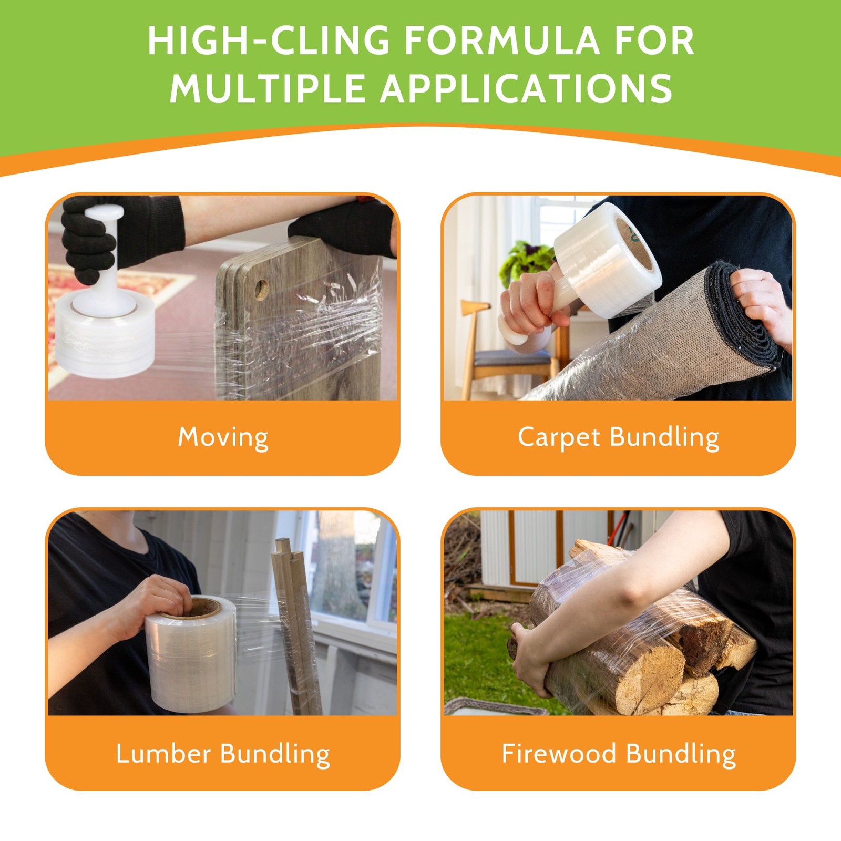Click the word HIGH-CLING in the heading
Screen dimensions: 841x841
coord(268,40)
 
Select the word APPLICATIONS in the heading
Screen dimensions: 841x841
coord(526,88)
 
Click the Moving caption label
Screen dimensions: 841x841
coord(223,437)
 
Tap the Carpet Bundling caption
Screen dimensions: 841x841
coord(618,437)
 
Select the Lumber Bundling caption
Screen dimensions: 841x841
coord(223,753)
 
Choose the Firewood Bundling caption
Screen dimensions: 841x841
coord(618,753)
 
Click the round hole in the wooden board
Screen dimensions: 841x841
coord(261,289)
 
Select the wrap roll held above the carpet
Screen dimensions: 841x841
coord(607,260)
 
